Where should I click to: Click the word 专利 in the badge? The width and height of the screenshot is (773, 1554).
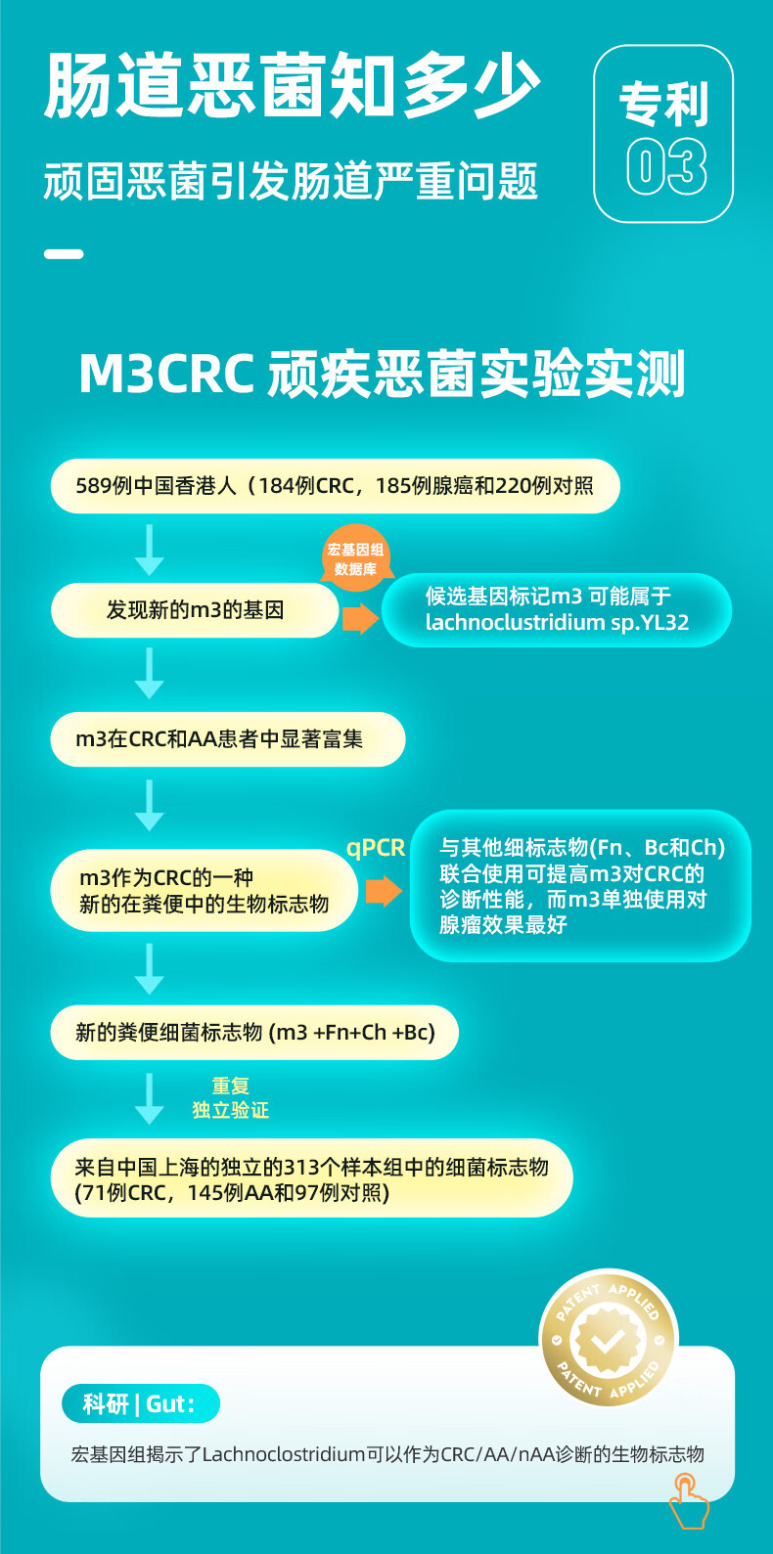664,105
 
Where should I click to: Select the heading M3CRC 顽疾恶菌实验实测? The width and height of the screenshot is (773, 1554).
382,374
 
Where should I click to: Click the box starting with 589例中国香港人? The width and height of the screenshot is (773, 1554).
335,486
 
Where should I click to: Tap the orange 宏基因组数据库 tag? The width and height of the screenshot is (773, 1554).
355,559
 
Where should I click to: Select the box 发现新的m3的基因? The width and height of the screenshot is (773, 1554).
195,610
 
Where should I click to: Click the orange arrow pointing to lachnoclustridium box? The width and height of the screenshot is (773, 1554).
360,617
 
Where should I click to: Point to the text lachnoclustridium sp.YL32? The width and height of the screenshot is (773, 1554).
557,623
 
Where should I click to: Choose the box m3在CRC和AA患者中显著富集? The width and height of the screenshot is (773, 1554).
227,739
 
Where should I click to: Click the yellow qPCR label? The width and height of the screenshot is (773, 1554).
376,848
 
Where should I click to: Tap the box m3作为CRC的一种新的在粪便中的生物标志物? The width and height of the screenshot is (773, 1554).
204,891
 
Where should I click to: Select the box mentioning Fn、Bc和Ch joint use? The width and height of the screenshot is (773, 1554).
580,886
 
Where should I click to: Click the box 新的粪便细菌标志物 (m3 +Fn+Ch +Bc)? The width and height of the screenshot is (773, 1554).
254,1033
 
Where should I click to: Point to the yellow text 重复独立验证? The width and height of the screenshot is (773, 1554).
230,1098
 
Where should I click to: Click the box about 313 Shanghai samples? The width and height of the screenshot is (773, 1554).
311,1178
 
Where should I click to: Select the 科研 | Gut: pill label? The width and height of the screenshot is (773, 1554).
140,1404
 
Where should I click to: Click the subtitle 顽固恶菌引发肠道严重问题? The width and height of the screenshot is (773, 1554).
291,182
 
